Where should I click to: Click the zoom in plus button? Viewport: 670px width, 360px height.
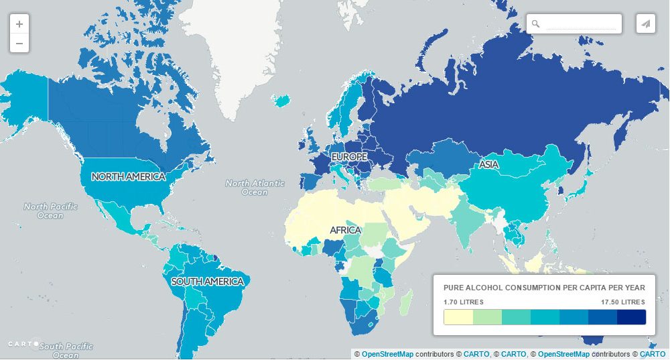click(x=19, y=24)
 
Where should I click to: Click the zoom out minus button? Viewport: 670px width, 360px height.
click(x=19, y=44)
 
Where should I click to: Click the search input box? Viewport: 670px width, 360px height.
click(x=580, y=24)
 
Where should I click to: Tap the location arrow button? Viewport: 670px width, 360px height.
click(x=645, y=24)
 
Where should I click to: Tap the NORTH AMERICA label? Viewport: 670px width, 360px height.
click(x=128, y=177)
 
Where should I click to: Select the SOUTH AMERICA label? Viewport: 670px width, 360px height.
click(x=207, y=282)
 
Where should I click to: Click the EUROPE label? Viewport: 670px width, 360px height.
click(x=349, y=157)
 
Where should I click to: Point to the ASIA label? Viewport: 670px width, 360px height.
click(x=489, y=165)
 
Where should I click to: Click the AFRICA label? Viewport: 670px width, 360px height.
click(x=346, y=231)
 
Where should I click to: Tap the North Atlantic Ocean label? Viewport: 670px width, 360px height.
click(x=255, y=188)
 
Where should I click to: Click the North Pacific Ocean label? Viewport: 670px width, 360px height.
click(x=50, y=211)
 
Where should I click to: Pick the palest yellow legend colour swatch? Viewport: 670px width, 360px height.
click(x=458, y=317)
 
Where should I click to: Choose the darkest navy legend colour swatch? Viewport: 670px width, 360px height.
click(x=631, y=317)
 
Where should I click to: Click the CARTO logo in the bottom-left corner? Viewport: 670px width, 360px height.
click(x=23, y=344)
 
